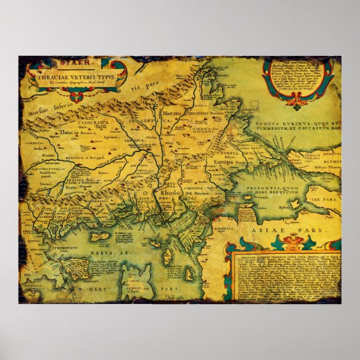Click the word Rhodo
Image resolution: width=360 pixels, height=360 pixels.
[169, 192]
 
